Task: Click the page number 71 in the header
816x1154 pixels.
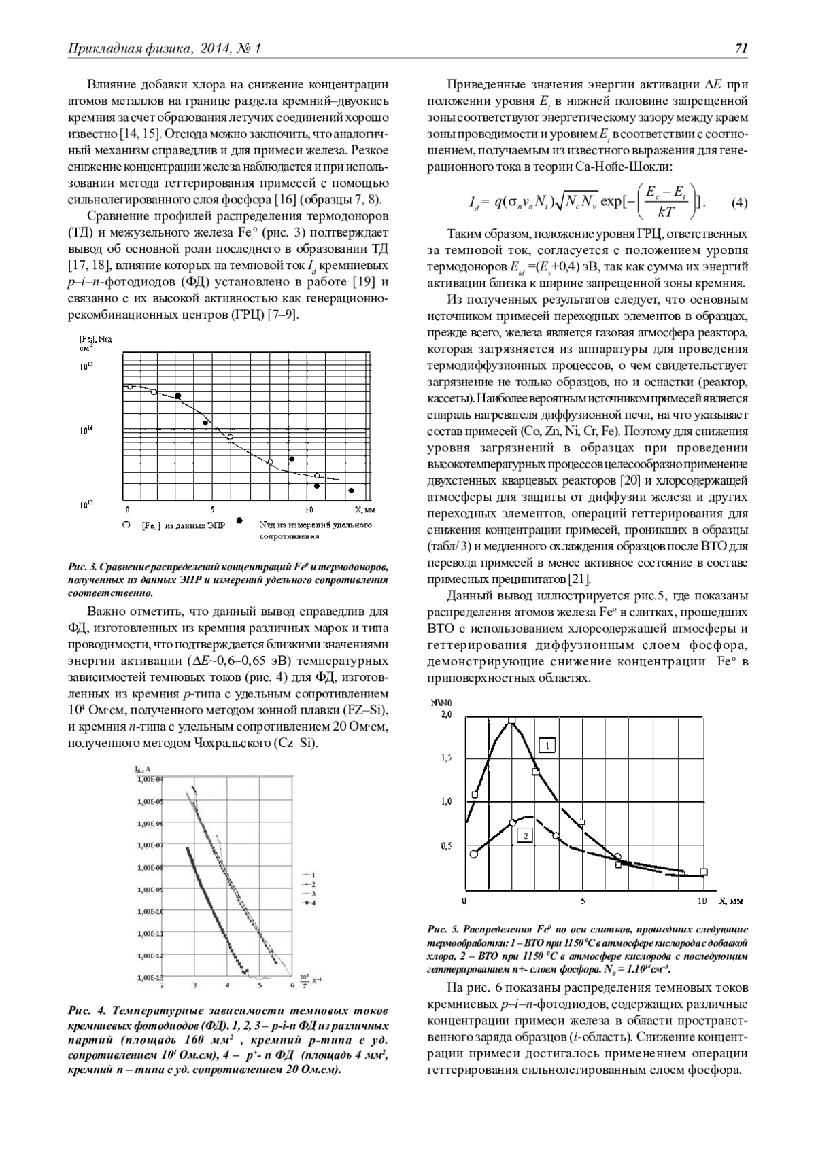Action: (741, 48)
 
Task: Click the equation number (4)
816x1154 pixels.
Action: (739, 203)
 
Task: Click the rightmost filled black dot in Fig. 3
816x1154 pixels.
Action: (352, 491)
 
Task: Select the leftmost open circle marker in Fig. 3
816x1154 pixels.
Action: (129, 387)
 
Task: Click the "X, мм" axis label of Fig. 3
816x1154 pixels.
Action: (364, 508)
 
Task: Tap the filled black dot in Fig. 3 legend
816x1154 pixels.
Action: (240, 521)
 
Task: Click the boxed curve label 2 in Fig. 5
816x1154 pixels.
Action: (524, 835)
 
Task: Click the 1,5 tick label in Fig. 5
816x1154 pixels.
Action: (446, 758)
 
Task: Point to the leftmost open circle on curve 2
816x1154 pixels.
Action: (474, 854)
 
